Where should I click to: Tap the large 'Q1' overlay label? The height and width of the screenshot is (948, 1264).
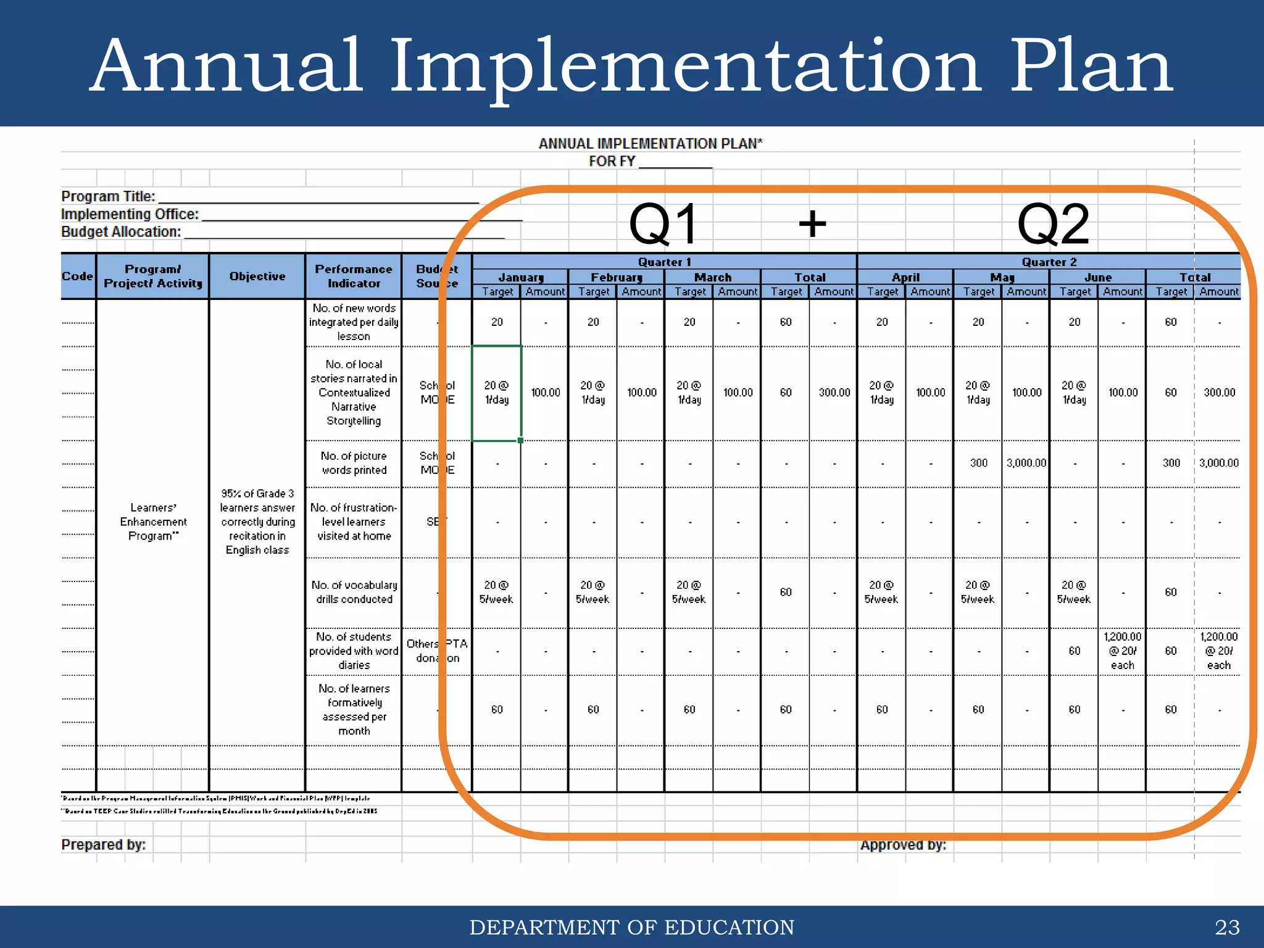click(663, 224)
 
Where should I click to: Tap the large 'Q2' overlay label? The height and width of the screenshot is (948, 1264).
click(1053, 224)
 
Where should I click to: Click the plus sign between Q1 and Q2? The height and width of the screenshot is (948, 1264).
click(812, 223)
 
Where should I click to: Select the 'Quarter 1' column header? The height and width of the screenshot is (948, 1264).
click(664, 262)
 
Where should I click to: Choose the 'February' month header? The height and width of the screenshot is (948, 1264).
click(616, 277)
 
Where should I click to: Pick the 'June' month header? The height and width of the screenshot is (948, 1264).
click(1097, 277)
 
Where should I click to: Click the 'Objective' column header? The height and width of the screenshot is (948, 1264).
click(257, 276)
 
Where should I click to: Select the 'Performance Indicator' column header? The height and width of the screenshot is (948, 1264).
click(354, 276)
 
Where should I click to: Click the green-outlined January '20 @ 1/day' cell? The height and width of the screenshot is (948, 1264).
click(497, 393)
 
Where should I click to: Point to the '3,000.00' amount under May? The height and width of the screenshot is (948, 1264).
click(1026, 463)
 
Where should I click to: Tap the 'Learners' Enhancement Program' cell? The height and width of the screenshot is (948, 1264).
click(153, 522)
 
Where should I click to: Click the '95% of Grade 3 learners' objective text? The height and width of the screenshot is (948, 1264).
click(257, 522)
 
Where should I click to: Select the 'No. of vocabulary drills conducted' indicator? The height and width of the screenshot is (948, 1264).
click(354, 592)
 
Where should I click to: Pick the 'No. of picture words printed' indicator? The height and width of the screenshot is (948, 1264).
click(354, 463)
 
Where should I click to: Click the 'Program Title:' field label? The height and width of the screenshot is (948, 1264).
click(108, 196)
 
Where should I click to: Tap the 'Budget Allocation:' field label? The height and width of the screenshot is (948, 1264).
click(121, 231)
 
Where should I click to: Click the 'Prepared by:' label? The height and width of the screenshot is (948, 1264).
click(103, 844)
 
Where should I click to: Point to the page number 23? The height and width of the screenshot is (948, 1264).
click(1226, 927)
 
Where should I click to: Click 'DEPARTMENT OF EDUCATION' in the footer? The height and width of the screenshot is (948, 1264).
click(632, 927)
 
